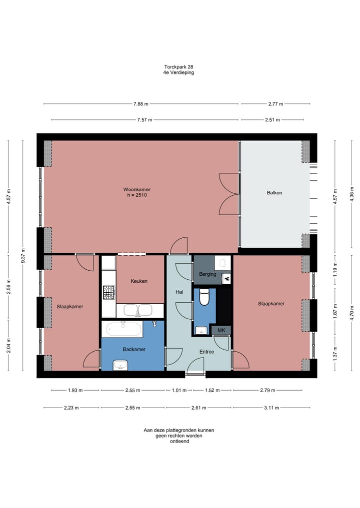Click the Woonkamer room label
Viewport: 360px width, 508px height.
point(136,189)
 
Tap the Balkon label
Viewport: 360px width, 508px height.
point(274,193)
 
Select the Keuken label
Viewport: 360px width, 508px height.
point(139,281)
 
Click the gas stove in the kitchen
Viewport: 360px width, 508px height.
point(108,292)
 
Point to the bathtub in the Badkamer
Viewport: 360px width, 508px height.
point(124,329)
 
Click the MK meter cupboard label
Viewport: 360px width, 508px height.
point(221,331)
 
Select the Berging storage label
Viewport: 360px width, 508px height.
point(207,274)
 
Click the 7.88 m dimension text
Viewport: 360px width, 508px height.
point(141,104)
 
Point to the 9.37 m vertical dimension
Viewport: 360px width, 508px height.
point(22,256)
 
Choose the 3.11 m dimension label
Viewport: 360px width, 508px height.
point(271,408)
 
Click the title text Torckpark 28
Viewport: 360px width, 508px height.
point(178,67)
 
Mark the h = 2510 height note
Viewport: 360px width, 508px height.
point(137,195)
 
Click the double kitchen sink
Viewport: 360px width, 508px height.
point(138,310)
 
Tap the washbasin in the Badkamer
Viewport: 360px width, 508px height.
point(120,365)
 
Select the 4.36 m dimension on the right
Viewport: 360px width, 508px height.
point(352,194)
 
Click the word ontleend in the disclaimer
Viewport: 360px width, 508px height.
point(179,441)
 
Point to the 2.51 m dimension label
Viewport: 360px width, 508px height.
point(272,120)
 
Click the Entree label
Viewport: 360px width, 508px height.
point(206,352)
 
